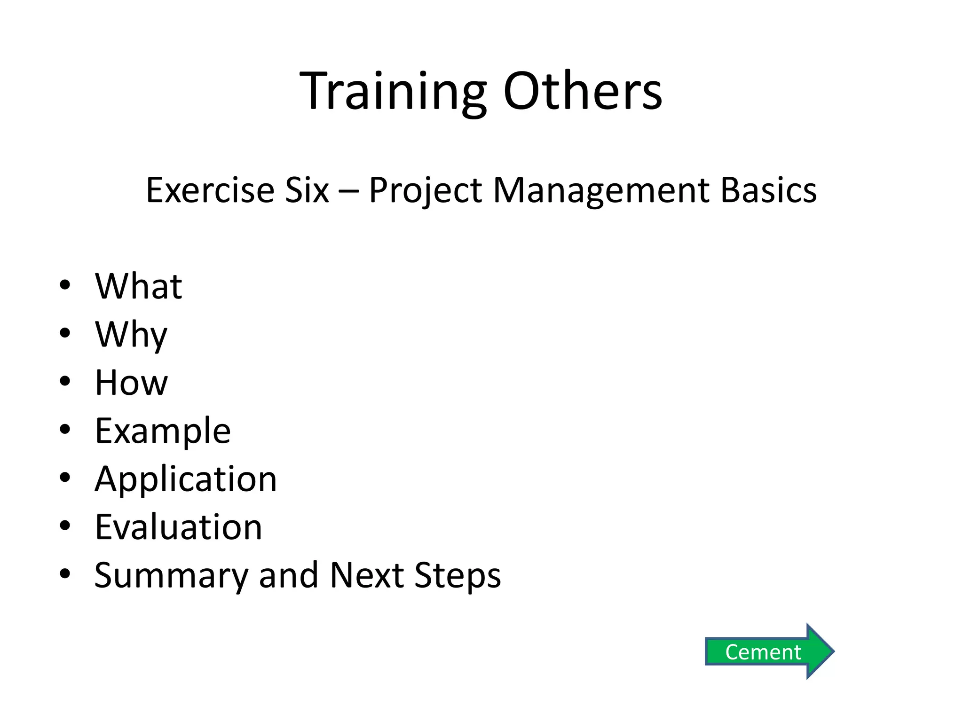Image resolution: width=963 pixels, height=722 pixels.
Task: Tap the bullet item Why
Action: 131,335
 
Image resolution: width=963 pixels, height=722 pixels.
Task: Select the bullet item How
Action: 131,383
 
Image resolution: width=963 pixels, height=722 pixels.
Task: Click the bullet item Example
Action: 163,431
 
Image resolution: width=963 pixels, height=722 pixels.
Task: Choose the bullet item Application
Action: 186,479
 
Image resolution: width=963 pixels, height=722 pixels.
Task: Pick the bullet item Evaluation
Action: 178,527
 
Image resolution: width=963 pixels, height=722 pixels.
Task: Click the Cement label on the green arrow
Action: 763,652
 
